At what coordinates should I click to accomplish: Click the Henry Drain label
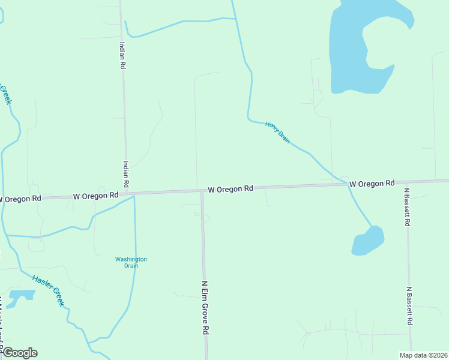pos(278,132)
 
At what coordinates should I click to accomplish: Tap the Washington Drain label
pos(131,262)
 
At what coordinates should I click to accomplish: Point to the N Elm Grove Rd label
pos(205,307)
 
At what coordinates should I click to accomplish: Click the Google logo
pos(19,353)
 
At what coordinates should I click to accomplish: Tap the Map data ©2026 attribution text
pos(424,355)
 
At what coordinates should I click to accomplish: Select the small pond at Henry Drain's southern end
pos(367,241)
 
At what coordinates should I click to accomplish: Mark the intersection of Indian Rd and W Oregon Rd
pos(128,194)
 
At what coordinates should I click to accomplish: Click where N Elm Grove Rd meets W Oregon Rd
pos(202,191)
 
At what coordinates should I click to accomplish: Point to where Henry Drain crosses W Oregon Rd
pos(348,185)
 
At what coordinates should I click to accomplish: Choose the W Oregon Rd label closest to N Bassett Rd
pos(372,183)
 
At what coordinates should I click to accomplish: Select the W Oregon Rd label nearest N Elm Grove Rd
pos(231,189)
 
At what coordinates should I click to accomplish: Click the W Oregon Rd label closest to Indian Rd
pos(95,196)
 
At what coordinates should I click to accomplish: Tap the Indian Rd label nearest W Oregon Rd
pos(126,173)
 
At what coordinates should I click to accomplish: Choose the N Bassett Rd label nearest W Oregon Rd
pos(407,207)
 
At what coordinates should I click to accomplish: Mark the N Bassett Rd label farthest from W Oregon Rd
pos(409,305)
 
